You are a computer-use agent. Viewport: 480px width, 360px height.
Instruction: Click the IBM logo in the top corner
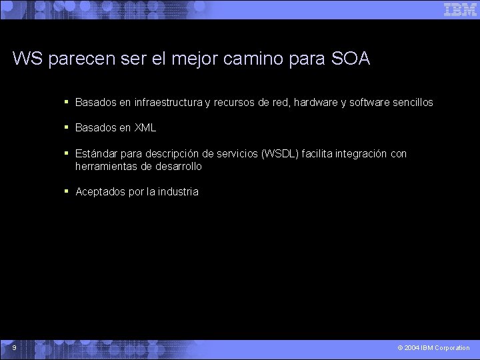click(x=460, y=9)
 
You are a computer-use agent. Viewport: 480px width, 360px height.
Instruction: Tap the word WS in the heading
click(x=27, y=59)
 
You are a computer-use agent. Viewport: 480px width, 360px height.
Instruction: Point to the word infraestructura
click(x=168, y=103)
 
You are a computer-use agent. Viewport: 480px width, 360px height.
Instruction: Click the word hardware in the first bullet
click(x=315, y=103)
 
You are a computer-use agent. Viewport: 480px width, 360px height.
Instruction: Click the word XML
click(x=145, y=128)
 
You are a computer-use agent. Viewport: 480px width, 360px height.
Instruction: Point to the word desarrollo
click(x=178, y=166)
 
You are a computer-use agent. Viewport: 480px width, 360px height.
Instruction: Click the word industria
click(x=178, y=192)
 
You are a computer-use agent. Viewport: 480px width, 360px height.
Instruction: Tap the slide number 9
click(x=14, y=347)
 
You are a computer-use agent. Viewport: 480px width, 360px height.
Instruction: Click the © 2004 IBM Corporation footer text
click(x=433, y=348)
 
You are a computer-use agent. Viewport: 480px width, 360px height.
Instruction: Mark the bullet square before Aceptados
click(x=67, y=191)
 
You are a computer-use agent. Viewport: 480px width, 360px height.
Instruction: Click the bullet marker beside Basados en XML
click(x=67, y=127)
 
